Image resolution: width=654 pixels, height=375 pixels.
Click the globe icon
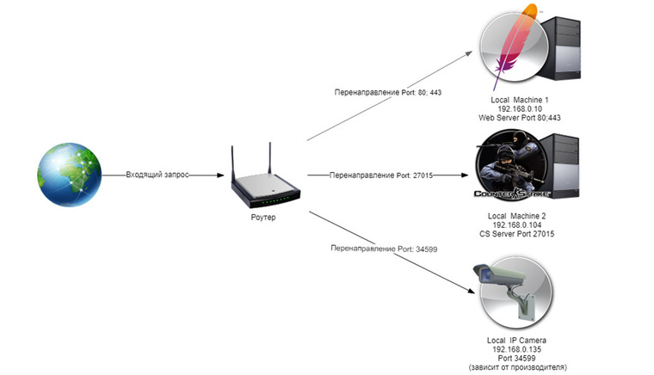69,175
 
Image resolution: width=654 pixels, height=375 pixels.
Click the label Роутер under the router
263,217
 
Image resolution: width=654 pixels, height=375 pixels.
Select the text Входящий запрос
157,175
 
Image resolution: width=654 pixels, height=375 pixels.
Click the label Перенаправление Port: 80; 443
388,92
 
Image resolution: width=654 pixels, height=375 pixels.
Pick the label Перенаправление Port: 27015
381,175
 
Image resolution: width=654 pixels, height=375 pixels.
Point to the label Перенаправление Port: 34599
384,249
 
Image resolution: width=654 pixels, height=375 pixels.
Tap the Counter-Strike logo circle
512,165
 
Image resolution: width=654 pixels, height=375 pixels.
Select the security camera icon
513,291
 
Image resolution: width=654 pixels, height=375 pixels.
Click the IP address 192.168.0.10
520,108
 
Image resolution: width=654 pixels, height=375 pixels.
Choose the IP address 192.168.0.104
517,225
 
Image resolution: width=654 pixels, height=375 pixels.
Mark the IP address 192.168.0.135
517,349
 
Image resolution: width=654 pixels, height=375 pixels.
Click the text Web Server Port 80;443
520,118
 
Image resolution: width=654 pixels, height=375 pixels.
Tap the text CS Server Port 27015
517,234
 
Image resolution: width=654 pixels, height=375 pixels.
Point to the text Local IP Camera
517,341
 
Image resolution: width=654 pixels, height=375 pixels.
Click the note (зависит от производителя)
518,367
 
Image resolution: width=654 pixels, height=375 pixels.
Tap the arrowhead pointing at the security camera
471,291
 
